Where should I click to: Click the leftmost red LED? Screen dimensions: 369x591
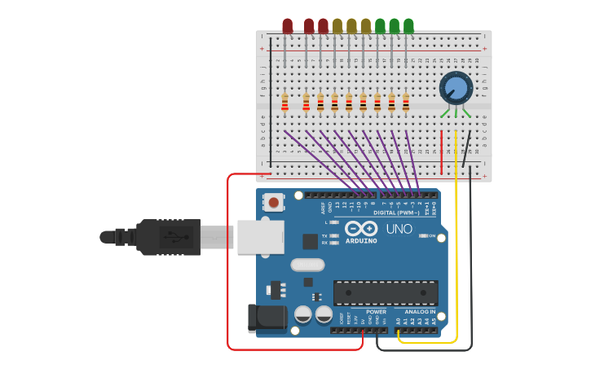click(x=287, y=26)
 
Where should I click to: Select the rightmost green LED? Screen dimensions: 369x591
click(x=408, y=26)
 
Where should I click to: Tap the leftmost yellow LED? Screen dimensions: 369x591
click(x=337, y=26)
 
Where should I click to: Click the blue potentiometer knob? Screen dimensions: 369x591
click(x=456, y=88)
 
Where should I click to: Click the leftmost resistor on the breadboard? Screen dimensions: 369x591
click(x=284, y=103)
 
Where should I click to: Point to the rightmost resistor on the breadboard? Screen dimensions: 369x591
click(x=405, y=103)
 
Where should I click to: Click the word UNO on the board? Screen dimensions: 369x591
click(x=399, y=229)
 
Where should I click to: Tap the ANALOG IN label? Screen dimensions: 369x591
click(x=420, y=311)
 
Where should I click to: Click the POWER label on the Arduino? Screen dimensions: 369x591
click(x=376, y=311)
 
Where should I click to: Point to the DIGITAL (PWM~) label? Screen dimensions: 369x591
click(x=396, y=213)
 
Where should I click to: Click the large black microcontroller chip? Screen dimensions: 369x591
click(x=385, y=293)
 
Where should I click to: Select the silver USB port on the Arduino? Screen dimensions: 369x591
click(x=260, y=237)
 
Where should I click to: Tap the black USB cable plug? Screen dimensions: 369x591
click(x=167, y=237)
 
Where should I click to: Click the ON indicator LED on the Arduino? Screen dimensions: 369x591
click(x=423, y=235)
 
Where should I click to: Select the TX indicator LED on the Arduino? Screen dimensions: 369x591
click(x=334, y=235)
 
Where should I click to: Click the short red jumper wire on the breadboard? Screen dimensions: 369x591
click(x=442, y=152)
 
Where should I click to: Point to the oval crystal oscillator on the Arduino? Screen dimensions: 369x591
click(x=307, y=265)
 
